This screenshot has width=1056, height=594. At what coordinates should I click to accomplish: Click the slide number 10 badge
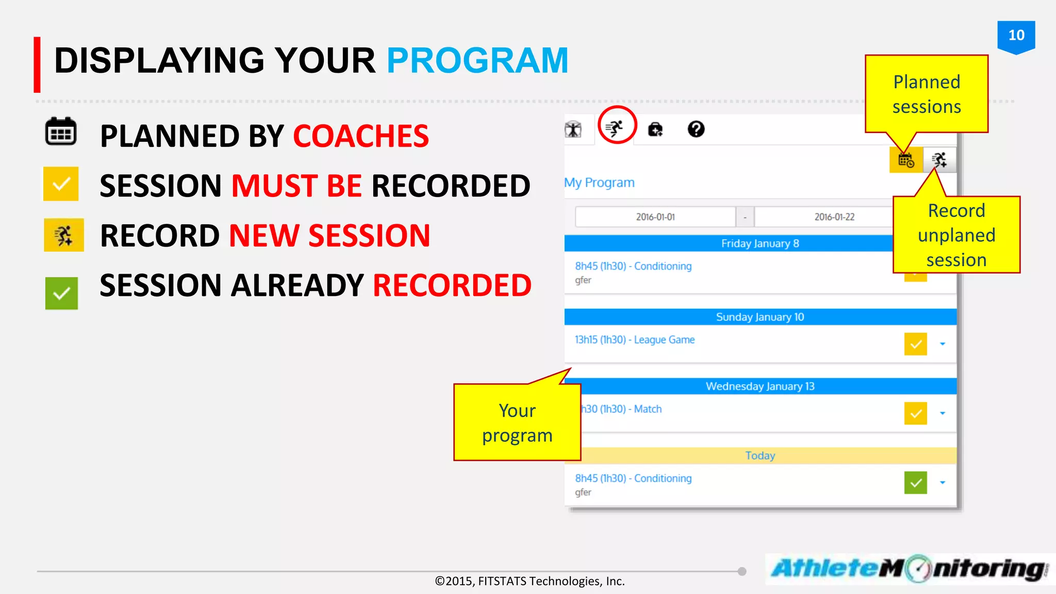click(1016, 36)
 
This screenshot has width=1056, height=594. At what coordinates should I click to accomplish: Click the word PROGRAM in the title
click(477, 61)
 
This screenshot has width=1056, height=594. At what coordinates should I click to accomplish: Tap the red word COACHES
click(360, 136)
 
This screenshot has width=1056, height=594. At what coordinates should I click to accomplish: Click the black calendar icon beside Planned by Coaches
click(61, 132)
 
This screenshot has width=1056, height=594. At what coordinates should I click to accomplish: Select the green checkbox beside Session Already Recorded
click(61, 293)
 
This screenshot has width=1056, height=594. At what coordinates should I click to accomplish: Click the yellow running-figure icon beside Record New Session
click(64, 235)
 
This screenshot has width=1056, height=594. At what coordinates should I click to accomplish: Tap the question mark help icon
click(696, 129)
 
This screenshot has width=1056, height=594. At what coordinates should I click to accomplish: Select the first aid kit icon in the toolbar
click(655, 129)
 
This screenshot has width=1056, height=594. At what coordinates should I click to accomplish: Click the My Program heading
click(599, 183)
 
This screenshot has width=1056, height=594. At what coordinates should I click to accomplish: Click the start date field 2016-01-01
click(655, 217)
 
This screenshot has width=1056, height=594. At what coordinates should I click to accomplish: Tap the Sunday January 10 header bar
click(760, 317)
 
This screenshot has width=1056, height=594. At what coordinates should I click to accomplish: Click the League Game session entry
click(635, 340)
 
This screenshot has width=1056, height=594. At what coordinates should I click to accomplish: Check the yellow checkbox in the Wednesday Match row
click(915, 414)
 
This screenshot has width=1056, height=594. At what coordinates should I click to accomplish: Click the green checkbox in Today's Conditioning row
click(915, 483)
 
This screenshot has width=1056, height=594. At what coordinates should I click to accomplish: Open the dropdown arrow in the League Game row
click(942, 344)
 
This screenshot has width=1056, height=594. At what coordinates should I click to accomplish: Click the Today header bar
click(760, 455)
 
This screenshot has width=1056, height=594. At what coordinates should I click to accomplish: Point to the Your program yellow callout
click(517, 423)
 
